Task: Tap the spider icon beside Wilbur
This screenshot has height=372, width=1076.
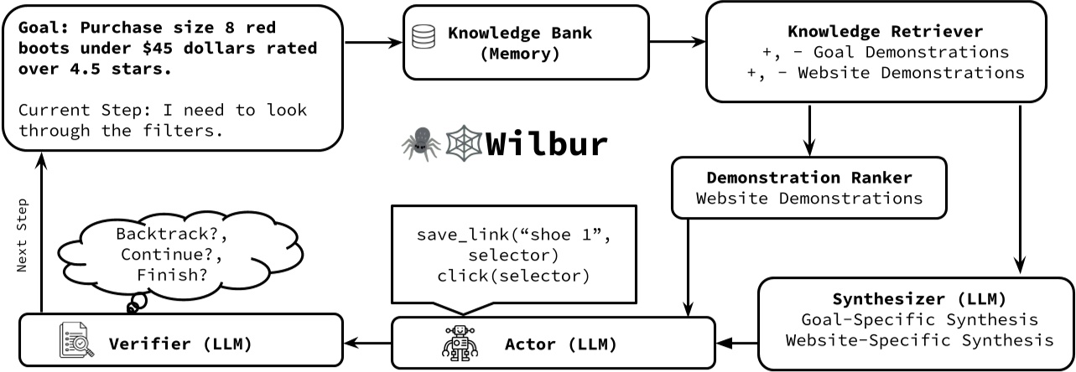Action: pyautogui.click(x=419, y=143)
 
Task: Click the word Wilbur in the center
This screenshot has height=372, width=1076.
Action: pyautogui.click(x=546, y=143)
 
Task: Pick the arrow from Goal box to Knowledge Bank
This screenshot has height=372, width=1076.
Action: pyautogui.click(x=374, y=41)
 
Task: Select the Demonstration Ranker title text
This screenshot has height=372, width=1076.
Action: pyautogui.click(x=808, y=178)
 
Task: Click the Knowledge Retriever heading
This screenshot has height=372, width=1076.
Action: pyautogui.click(x=885, y=32)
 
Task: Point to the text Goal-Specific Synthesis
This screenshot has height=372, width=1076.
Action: pyautogui.click(x=920, y=319)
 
